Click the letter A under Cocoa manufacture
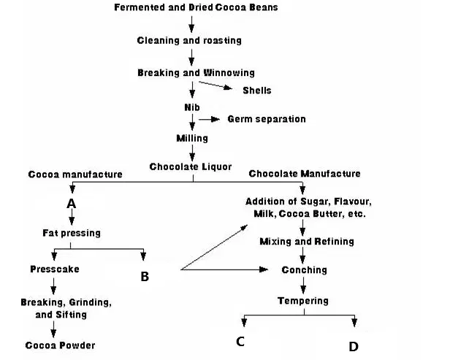72,204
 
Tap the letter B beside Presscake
145,277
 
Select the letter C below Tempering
240,341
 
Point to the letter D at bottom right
354,347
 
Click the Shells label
257,91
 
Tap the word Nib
192,107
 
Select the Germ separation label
267,119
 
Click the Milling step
192,138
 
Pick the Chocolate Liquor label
191,166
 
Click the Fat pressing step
72,233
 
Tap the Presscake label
55,269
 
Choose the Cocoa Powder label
60,345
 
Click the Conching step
304,270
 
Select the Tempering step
303,301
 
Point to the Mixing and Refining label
307,241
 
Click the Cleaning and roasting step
189,40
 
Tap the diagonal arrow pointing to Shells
216,85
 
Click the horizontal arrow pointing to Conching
224,269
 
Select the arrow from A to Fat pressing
72,217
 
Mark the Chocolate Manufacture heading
305,174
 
